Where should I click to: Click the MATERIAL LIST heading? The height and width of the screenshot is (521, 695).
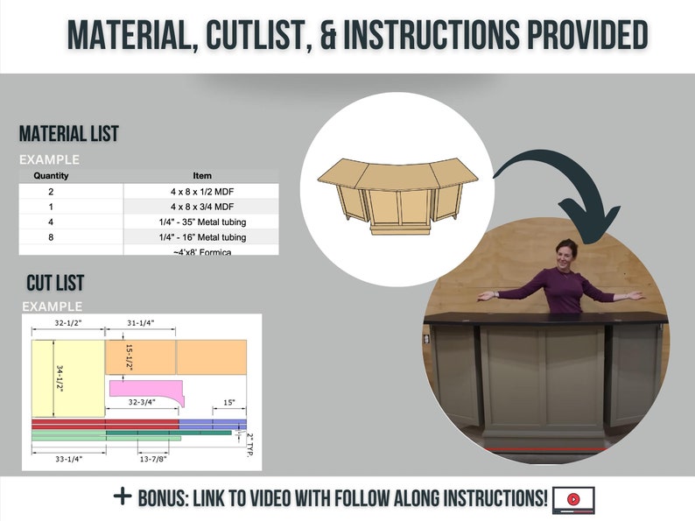(69, 134)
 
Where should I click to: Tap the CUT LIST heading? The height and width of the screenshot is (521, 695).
(55, 283)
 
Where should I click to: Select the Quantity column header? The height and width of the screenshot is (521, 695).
(51, 175)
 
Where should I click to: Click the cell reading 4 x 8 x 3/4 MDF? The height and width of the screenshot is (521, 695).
(201, 206)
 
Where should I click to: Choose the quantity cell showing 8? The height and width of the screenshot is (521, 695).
(51, 237)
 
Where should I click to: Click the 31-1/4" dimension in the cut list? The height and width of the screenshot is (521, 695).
(140, 323)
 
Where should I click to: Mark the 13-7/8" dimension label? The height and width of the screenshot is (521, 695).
(152, 458)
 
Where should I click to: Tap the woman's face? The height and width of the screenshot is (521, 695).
(567, 255)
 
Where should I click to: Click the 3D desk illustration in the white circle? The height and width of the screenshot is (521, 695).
(398, 195)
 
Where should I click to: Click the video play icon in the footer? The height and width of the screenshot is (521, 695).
(573, 499)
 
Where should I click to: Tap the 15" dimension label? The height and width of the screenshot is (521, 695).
(228, 403)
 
